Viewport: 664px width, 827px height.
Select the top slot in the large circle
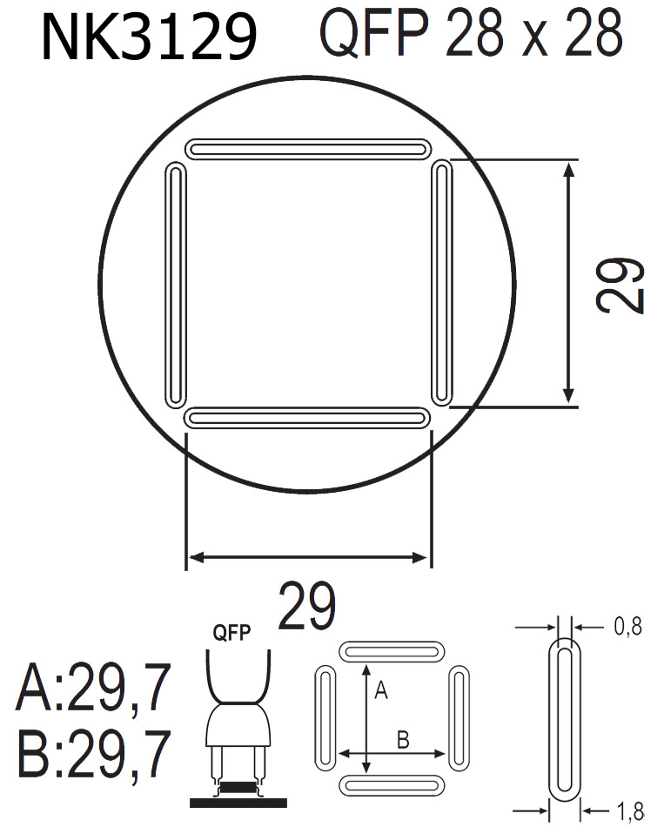[309, 149]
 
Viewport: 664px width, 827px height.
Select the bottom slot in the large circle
[309, 419]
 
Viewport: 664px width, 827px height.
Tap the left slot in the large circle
[176, 283]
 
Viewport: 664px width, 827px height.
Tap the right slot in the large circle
[442, 283]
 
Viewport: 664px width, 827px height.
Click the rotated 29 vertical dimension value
[621, 285]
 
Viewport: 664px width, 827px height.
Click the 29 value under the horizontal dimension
[306, 607]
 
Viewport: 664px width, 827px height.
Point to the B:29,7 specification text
[92, 754]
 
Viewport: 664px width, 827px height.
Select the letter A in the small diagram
[379, 691]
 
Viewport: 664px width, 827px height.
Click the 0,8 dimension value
[627, 626]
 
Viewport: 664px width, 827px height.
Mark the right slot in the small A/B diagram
[458, 718]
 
